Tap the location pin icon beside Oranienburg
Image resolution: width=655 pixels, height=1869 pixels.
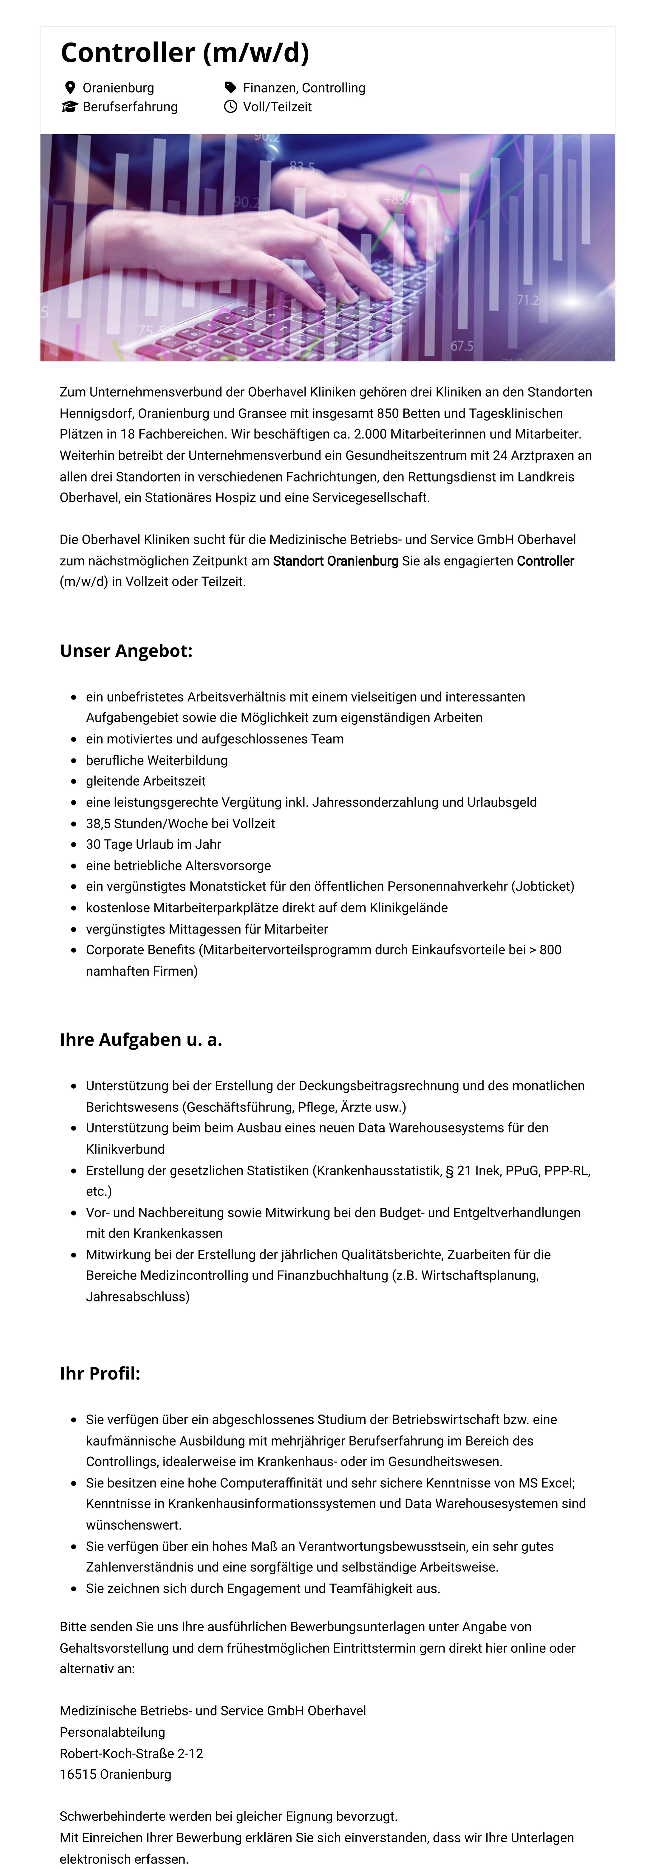[x=70, y=88]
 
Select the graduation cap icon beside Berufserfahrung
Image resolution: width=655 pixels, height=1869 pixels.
[x=70, y=107]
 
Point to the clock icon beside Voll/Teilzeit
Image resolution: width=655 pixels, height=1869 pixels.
[x=230, y=107]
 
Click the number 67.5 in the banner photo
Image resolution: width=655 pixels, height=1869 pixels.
[x=462, y=346]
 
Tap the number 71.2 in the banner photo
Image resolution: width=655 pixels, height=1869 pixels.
[x=528, y=300]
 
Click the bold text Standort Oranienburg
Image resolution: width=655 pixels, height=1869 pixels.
[x=336, y=561]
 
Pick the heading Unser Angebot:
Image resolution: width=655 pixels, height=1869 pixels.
[x=126, y=651]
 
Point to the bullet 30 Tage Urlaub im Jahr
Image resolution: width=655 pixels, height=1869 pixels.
[x=153, y=844]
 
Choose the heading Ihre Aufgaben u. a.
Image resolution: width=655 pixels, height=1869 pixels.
[x=141, y=1040]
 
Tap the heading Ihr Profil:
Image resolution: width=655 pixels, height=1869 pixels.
[x=100, y=1373]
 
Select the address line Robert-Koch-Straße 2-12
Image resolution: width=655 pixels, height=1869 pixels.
[x=131, y=1753]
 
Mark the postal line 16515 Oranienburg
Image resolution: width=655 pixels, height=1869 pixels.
[x=115, y=1774]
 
